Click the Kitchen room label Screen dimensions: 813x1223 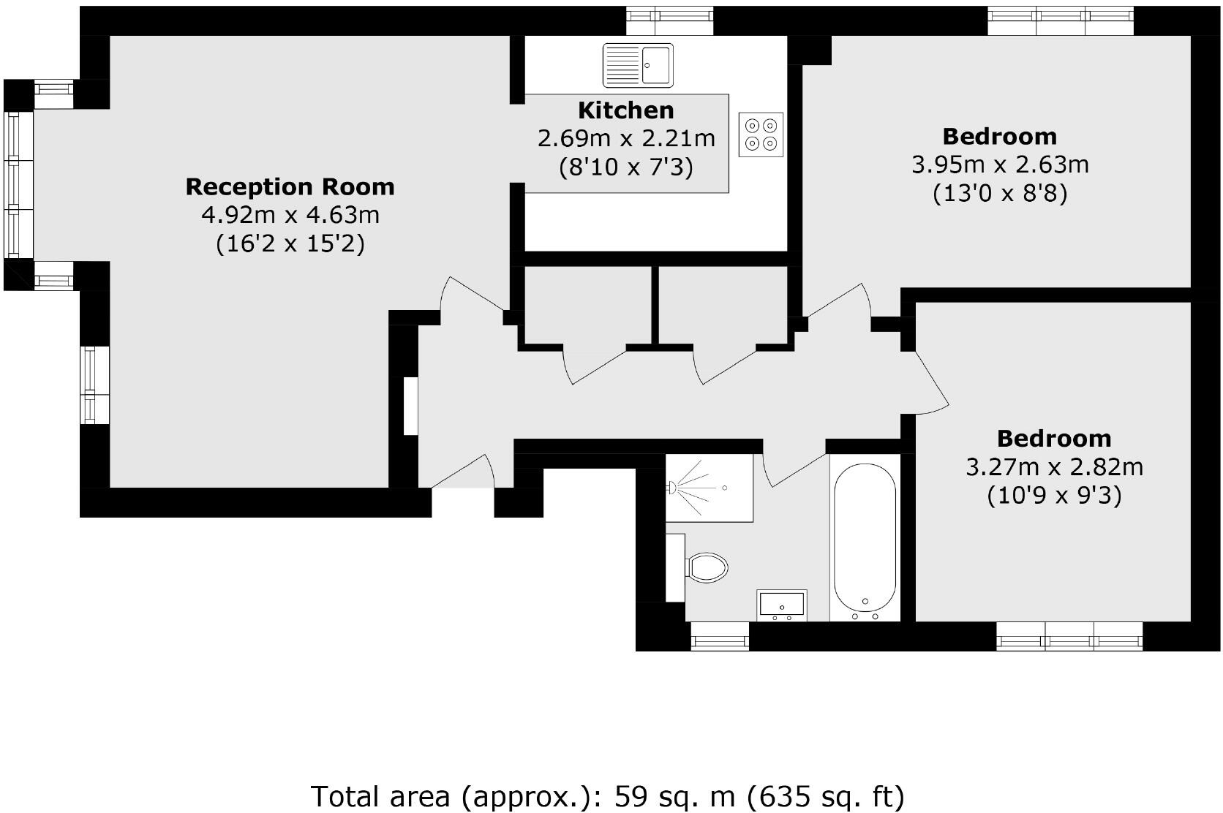click(x=626, y=111)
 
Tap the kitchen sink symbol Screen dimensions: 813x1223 click(x=638, y=64)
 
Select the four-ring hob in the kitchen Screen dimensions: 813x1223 click(x=761, y=135)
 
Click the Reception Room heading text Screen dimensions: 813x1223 click(x=290, y=187)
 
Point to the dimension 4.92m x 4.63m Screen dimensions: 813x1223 click(x=290, y=216)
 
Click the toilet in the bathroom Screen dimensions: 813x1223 click(x=707, y=567)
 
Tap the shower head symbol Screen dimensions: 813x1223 click(x=674, y=485)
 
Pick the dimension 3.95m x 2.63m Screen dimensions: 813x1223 click(x=1000, y=165)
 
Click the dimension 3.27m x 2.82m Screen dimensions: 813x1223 click(x=1054, y=467)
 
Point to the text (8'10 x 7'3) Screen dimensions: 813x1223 click(x=625, y=168)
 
